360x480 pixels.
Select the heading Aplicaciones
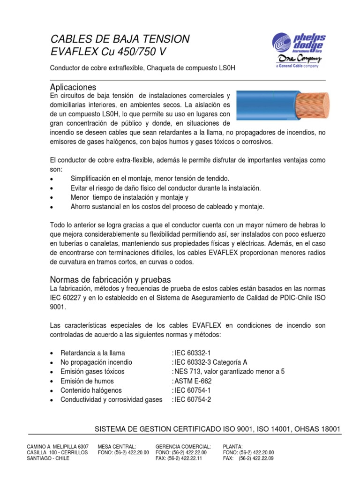pos(73,87)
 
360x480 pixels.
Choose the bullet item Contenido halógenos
pos(91,390)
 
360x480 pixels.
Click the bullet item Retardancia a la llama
pos(93,353)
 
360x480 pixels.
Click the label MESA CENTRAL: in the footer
pos(117,447)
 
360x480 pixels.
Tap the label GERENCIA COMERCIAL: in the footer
pos(183,447)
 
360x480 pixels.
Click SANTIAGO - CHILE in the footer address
pos(48,458)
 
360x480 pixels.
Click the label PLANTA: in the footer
pos(233,447)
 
